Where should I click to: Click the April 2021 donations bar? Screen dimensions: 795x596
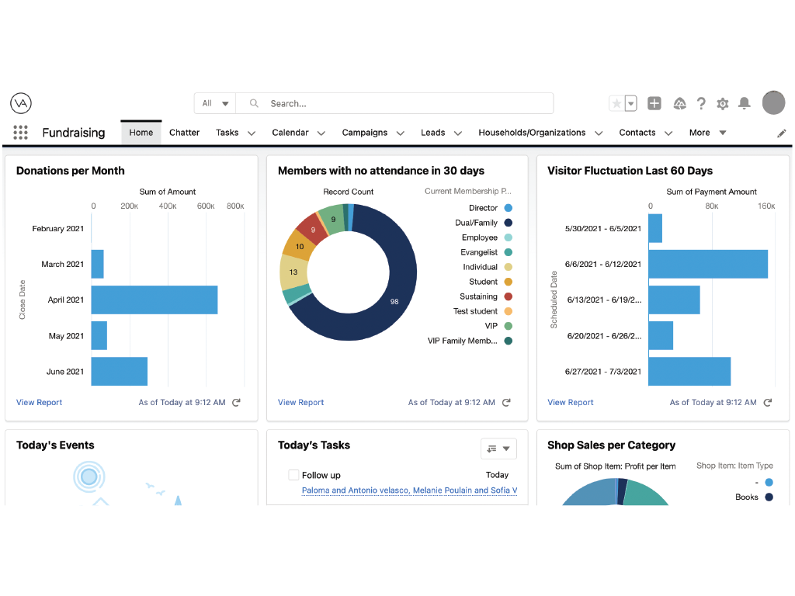pyautogui.click(x=154, y=300)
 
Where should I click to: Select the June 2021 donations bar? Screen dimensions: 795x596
pyautogui.click(x=119, y=372)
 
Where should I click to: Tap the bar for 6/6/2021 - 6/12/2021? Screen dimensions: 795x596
pyautogui.click(x=708, y=264)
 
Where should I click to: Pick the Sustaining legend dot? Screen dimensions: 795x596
pyautogui.click(x=508, y=296)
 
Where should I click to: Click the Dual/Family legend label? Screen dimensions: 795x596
pyautogui.click(x=476, y=223)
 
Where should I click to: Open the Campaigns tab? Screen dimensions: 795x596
pyautogui.click(x=365, y=133)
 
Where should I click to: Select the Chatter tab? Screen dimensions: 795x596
pyautogui.click(x=184, y=133)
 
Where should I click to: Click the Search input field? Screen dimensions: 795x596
pyautogui.click(x=394, y=103)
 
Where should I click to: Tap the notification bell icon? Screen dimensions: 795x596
pyautogui.click(x=745, y=103)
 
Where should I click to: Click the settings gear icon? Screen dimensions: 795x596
pyautogui.click(x=723, y=104)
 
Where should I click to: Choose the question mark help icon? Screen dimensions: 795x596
pyautogui.click(x=701, y=103)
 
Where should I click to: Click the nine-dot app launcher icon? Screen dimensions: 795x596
pyautogui.click(x=20, y=132)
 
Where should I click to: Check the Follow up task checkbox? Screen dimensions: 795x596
pyautogui.click(x=293, y=475)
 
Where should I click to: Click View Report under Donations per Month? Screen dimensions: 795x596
pyautogui.click(x=39, y=403)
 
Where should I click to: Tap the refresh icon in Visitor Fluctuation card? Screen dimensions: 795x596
pyautogui.click(x=768, y=403)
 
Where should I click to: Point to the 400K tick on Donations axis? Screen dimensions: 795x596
pyautogui.click(x=168, y=206)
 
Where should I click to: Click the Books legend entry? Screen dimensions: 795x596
pyautogui.click(x=754, y=497)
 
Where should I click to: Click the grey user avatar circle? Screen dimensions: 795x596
pyautogui.click(x=774, y=103)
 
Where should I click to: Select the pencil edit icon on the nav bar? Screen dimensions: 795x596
pyautogui.click(x=782, y=133)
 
